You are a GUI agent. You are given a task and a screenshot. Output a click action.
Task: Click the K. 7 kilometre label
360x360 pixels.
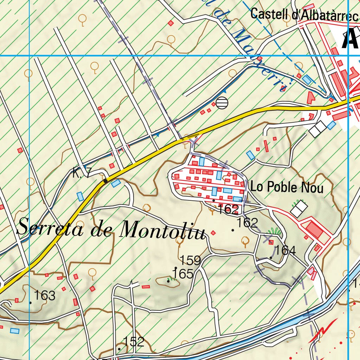[82, 172]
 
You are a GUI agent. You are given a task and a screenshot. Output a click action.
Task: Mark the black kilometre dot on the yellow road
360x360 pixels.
[105, 181]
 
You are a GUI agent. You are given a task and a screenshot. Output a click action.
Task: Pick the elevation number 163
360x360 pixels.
[45, 296]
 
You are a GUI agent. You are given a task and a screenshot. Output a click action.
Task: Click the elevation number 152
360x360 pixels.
[134, 341]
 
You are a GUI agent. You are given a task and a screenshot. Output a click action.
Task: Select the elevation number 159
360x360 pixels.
[190, 261]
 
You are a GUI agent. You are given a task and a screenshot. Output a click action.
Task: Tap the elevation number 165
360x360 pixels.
[185, 274]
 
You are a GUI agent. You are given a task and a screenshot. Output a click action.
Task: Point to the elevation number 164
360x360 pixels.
[285, 250]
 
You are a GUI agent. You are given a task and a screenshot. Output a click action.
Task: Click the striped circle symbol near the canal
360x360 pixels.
[222, 103]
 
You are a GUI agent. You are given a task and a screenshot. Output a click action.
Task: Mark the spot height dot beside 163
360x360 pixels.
[31, 302]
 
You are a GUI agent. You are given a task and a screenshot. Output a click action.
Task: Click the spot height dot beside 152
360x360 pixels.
[119, 349]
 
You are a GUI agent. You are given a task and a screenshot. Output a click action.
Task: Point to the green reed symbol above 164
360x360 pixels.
[275, 231]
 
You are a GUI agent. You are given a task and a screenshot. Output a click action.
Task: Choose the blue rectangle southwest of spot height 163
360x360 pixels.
[14, 330]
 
